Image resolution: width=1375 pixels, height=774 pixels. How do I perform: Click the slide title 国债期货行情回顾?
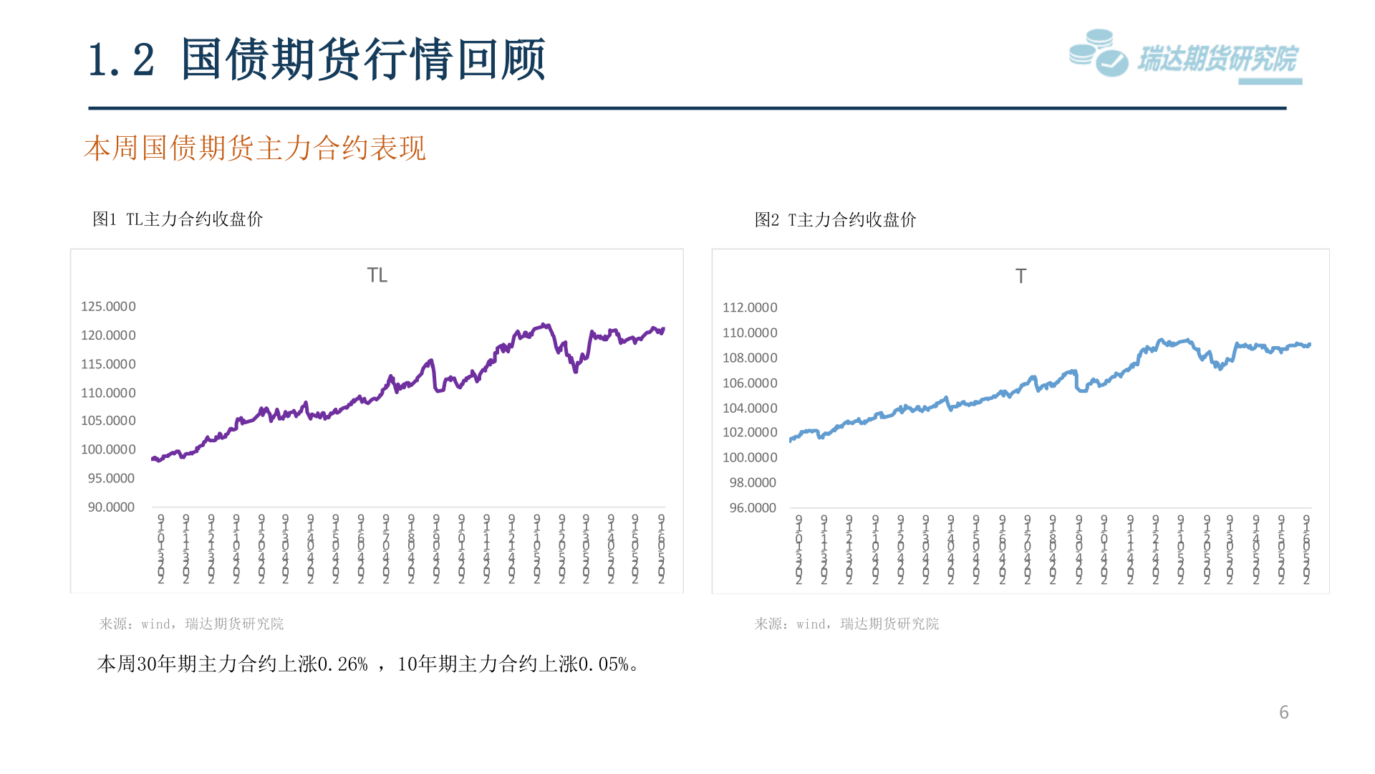(362, 59)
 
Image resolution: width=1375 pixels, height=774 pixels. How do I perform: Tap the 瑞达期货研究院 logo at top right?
(1185, 56)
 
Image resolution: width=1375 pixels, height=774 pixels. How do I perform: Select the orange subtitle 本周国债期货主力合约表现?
(254, 148)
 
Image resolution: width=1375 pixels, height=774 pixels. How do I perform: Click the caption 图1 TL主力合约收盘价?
(178, 219)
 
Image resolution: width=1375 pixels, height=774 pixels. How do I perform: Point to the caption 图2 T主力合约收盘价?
(835, 219)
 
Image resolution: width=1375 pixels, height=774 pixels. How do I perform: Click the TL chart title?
(377, 275)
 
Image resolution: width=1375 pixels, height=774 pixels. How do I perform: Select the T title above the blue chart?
(1021, 276)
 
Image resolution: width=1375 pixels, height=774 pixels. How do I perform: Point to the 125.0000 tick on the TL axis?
(108, 307)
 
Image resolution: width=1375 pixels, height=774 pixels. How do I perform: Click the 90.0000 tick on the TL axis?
(111, 507)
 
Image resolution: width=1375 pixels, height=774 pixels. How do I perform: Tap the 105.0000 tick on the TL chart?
(108, 421)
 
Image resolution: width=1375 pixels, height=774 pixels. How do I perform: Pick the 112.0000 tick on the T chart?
(750, 307)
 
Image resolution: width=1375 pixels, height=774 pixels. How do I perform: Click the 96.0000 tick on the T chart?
(753, 508)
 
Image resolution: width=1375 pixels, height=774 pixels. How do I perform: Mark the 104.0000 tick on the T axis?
(750, 408)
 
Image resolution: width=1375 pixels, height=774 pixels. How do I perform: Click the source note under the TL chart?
(191, 623)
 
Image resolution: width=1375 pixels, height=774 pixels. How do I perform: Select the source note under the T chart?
(846, 623)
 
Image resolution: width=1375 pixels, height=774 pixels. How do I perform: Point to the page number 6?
(1283, 712)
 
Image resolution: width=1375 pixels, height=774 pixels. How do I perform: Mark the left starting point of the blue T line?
(791, 440)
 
